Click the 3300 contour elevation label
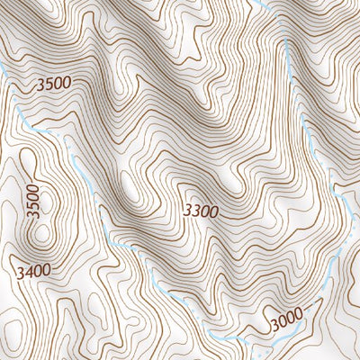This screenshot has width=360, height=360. pyautogui.click(x=201, y=211)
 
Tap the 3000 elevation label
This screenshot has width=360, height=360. pyautogui.click(x=287, y=319)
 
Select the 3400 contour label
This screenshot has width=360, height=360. pyautogui.click(x=32, y=269)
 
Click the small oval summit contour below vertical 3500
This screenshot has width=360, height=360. pyautogui.click(x=40, y=236)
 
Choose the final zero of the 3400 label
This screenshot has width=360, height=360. pyautogui.click(x=46, y=268)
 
